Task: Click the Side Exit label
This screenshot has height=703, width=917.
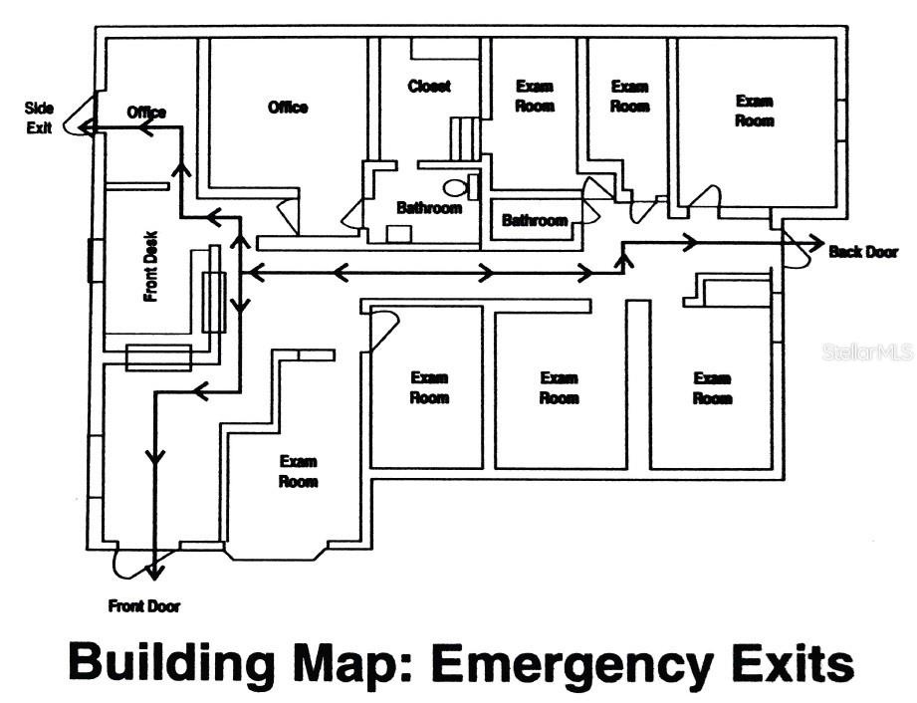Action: click(39, 117)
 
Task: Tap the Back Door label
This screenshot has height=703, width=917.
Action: click(863, 252)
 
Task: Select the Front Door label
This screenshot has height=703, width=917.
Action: click(143, 606)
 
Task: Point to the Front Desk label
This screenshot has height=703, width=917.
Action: click(151, 267)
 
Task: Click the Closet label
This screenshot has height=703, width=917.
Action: click(429, 87)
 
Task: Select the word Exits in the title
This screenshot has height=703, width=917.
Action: click(790, 661)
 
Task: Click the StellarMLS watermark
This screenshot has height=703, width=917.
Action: click(867, 351)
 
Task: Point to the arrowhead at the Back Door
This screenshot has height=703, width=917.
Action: click(817, 242)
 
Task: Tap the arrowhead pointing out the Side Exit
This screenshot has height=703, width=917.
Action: click(87, 126)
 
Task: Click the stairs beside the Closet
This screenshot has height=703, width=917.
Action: click(466, 138)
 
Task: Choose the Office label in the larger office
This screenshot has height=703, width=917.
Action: click(288, 108)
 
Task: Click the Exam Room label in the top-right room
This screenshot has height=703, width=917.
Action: click(755, 112)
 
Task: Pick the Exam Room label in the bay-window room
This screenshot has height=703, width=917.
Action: click(299, 471)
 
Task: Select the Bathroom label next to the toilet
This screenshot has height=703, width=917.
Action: click(429, 208)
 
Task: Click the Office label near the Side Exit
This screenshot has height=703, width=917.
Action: click(146, 113)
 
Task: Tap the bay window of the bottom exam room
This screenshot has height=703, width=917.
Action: click(276, 554)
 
